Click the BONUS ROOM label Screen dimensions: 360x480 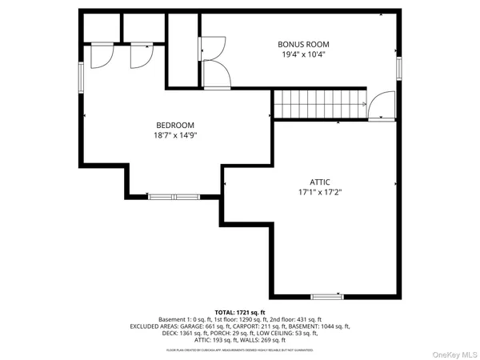point(303,44)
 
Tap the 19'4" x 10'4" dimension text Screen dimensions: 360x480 point(303,55)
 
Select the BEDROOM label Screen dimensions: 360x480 point(175,125)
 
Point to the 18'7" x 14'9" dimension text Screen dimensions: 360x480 point(175,136)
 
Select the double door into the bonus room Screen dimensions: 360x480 point(214,64)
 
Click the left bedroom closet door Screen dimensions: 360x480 point(102,54)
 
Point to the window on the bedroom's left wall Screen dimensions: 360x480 point(81,80)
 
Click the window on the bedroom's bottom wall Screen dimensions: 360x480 point(174,195)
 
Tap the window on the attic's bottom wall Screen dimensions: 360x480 point(327,297)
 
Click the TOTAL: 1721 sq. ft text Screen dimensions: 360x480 point(239,312)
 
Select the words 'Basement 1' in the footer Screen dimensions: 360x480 point(171,319)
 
